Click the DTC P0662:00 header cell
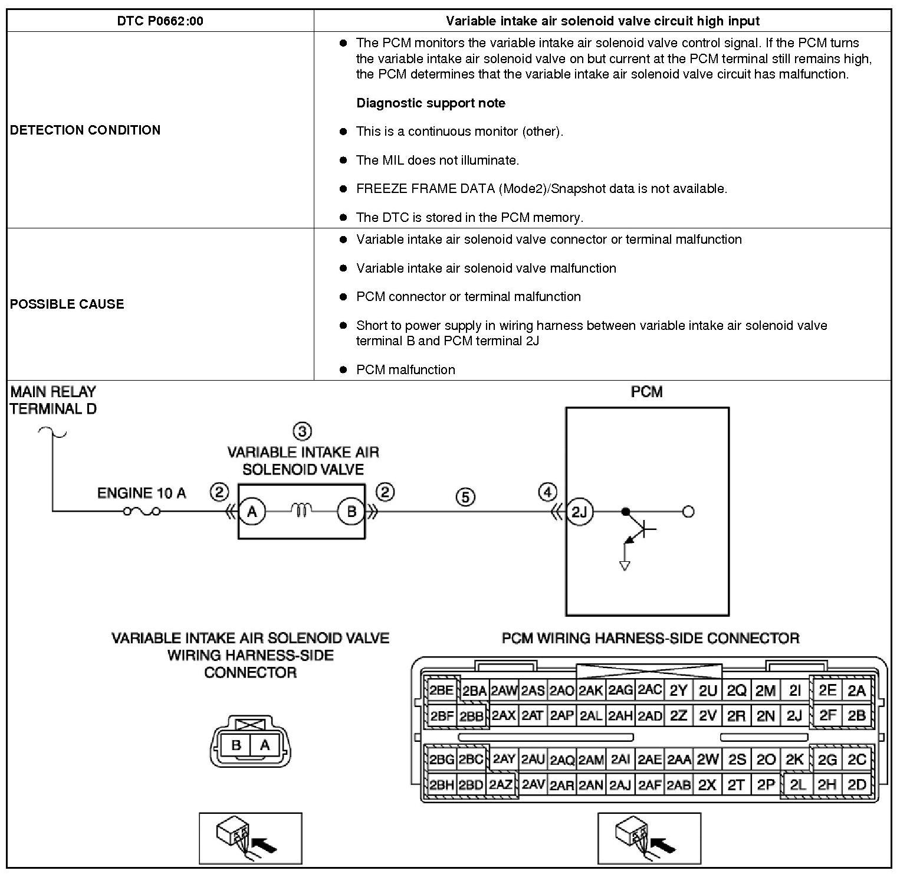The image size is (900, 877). tap(160, 21)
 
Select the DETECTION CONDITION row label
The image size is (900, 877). tap(85, 130)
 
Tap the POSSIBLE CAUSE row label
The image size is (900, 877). tap(67, 304)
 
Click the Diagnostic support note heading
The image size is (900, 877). tap(431, 103)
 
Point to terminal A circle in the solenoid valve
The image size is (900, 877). tap(252, 512)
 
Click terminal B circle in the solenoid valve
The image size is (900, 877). tap(352, 512)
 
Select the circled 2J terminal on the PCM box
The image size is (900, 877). tap(580, 512)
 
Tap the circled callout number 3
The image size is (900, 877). tap(302, 431)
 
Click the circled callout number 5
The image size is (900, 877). tap(465, 498)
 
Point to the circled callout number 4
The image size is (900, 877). tap(548, 492)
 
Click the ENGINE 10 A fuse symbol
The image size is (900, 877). tap(142, 511)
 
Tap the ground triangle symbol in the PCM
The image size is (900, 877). tap(625, 565)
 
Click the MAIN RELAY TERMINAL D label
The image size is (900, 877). tap(53, 400)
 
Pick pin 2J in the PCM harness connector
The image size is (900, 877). tap(794, 716)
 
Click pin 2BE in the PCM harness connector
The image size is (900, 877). tap(441, 691)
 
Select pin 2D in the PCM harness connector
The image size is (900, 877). tap(856, 785)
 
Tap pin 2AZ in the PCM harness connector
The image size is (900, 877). tap(501, 785)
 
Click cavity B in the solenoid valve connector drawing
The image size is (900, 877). tap(236, 745)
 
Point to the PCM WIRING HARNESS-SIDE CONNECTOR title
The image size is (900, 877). tap(650, 638)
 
